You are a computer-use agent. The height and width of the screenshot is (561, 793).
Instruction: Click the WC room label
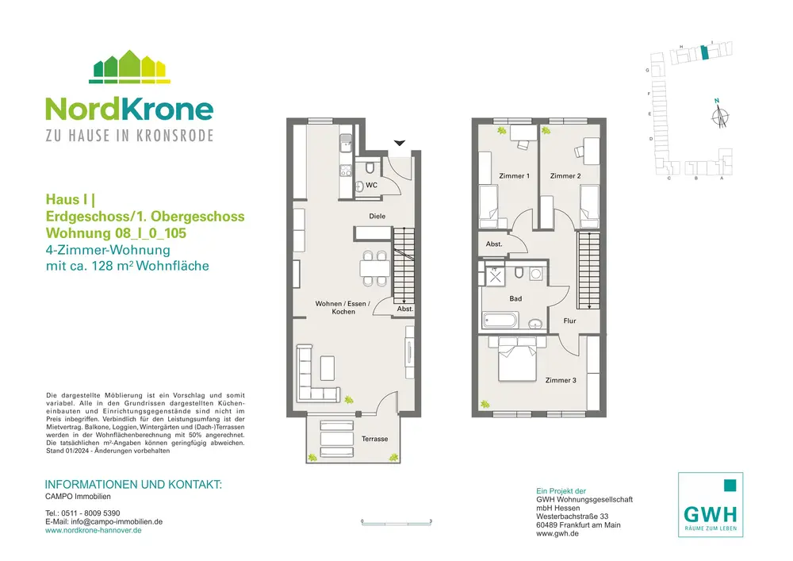(371, 185)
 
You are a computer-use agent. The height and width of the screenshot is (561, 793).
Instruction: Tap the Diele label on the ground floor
(377, 216)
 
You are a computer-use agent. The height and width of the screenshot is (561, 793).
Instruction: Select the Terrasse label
(375, 439)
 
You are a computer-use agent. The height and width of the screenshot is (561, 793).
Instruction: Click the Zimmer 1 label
(514, 176)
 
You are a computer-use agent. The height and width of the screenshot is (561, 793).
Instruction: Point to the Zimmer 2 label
(565, 176)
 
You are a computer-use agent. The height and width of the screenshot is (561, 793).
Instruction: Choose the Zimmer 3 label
(561, 380)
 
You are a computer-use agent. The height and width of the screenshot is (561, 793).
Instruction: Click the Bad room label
(515, 298)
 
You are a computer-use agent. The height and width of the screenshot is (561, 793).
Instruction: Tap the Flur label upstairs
(569, 321)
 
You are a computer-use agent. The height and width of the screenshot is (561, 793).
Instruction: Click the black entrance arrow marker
(400, 143)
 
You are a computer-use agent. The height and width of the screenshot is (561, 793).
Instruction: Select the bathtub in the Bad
(500, 321)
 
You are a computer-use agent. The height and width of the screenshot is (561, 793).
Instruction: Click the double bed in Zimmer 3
(517, 359)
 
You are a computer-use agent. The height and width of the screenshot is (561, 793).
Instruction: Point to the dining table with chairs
(375, 268)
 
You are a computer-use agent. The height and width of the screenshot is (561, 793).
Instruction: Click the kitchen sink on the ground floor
(346, 143)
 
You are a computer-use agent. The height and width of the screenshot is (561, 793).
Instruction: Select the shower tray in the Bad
(495, 277)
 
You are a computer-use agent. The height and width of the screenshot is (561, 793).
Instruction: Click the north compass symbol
(720, 115)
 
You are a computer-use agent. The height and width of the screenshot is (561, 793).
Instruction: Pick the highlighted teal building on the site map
(704, 53)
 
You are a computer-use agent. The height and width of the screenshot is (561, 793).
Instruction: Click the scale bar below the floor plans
(396, 521)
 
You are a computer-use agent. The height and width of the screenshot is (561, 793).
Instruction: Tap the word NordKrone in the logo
(129, 109)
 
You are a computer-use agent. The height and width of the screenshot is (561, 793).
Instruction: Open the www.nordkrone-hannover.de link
(93, 530)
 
